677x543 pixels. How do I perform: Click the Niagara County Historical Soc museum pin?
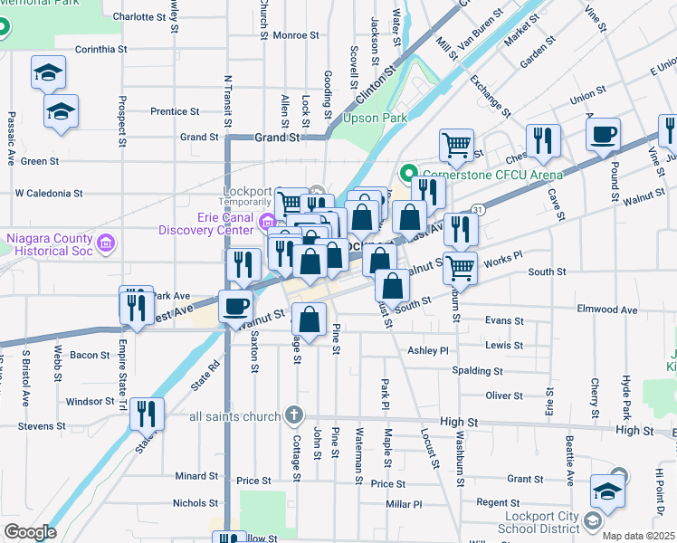tap(106, 243)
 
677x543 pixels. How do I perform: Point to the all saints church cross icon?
tap(293, 415)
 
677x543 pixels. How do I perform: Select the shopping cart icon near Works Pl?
tap(461, 267)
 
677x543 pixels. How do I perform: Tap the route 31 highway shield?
tap(477, 209)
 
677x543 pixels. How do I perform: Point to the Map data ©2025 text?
tap(638, 536)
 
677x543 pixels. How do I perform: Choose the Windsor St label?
tap(90, 401)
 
